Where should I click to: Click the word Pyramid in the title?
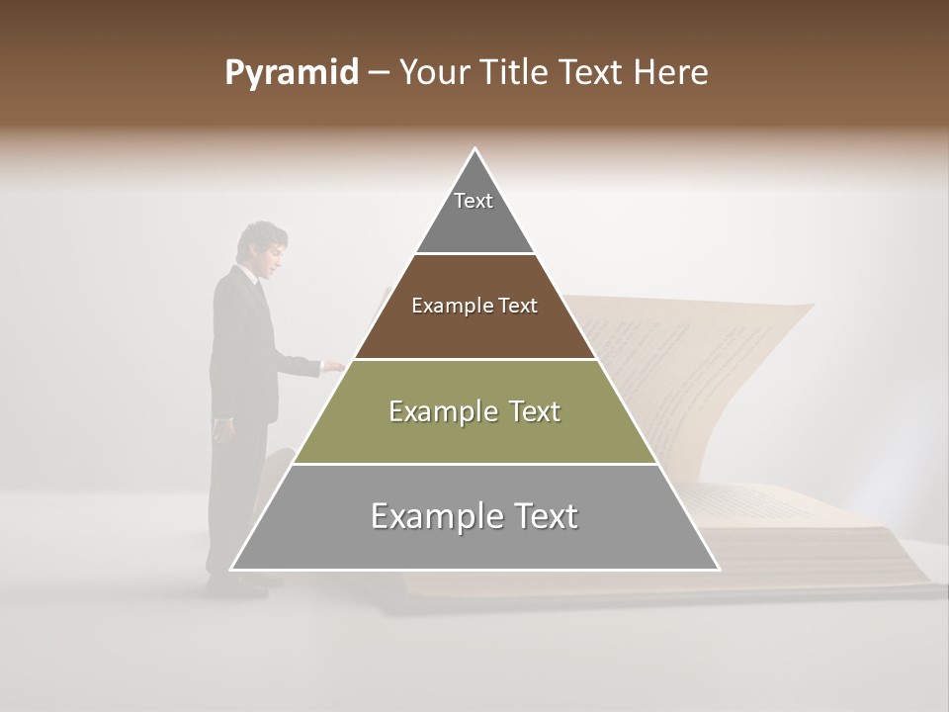[x=291, y=73]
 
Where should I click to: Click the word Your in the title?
[x=434, y=73]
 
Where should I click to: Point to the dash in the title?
[x=378, y=73]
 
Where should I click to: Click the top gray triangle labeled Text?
[x=474, y=213]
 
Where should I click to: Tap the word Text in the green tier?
[x=528, y=411]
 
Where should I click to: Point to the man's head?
[x=264, y=245]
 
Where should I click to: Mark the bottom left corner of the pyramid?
[x=231, y=570]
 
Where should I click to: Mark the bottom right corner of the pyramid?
[x=719, y=570]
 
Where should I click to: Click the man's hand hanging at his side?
[x=219, y=430]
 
